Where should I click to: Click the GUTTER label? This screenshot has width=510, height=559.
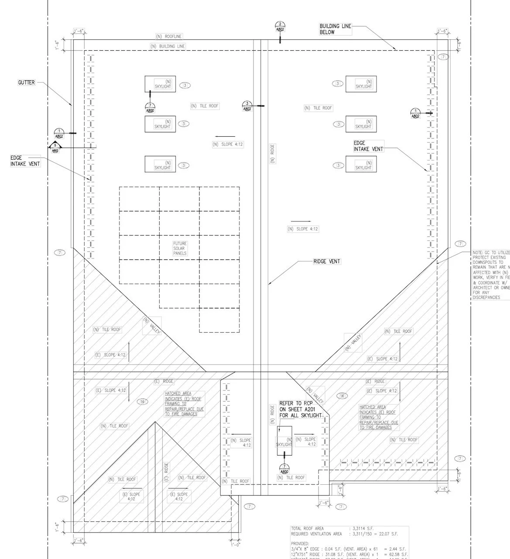point(26,83)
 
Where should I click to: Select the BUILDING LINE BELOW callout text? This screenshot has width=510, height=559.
point(335,29)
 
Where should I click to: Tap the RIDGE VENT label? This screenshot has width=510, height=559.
point(327,261)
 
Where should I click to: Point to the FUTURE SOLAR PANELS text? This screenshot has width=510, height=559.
point(180,248)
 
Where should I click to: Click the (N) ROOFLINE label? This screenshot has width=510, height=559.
point(169,36)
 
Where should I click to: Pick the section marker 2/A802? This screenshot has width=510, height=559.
point(280,27)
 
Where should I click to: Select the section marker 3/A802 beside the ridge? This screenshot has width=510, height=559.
point(247,106)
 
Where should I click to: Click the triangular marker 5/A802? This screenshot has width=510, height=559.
point(55,148)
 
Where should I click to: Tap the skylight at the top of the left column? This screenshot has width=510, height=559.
point(160,84)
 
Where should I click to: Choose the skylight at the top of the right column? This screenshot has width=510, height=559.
point(361,84)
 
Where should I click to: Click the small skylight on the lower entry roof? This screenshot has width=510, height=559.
point(284,441)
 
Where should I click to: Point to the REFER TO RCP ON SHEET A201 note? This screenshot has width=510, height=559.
point(300,409)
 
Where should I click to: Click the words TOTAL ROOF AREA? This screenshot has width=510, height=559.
point(308,528)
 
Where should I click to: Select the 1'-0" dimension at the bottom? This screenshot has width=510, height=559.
point(235,545)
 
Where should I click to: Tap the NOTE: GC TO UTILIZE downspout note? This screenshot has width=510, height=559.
point(491,275)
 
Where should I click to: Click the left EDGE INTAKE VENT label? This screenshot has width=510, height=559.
point(25,161)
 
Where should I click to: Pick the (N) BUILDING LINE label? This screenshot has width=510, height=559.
point(168,46)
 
